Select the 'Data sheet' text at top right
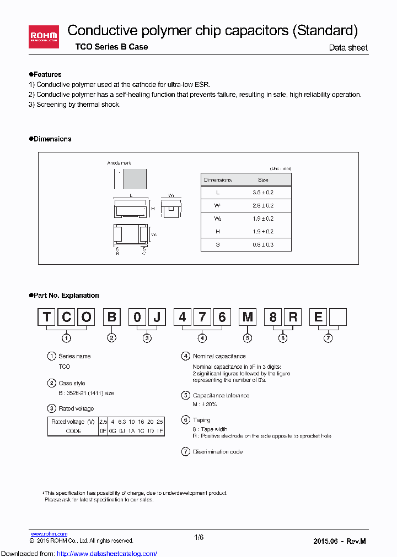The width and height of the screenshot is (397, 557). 348,48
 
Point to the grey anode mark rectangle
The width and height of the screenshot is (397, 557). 135,179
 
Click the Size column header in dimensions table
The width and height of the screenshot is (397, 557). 263,180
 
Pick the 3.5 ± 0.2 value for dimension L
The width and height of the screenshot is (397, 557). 263,193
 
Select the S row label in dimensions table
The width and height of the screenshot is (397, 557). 218,244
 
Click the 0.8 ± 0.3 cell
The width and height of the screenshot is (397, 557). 263,244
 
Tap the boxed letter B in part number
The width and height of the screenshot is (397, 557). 112,318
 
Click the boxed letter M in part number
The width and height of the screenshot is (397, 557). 247,318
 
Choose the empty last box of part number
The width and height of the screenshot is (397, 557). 337,318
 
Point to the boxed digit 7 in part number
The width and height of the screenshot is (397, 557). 202,318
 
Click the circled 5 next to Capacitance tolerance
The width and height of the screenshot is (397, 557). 186,395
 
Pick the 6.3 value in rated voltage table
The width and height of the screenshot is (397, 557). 122,422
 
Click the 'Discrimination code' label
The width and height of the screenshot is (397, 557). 217,452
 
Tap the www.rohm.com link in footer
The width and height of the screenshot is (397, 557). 49,534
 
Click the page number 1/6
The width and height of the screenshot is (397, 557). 199,538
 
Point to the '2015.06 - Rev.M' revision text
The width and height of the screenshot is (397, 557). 339,542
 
